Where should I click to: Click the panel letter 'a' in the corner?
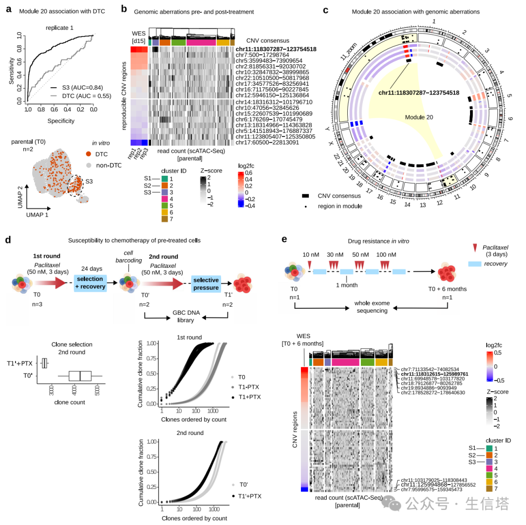point(7,9)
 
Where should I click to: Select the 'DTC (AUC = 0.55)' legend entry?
point(81,96)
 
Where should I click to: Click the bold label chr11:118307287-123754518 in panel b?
point(276,49)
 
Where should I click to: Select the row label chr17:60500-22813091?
point(269,142)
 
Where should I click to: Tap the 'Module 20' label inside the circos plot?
point(419,117)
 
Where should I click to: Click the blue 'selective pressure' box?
point(205,283)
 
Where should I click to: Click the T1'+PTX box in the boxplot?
point(45,363)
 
